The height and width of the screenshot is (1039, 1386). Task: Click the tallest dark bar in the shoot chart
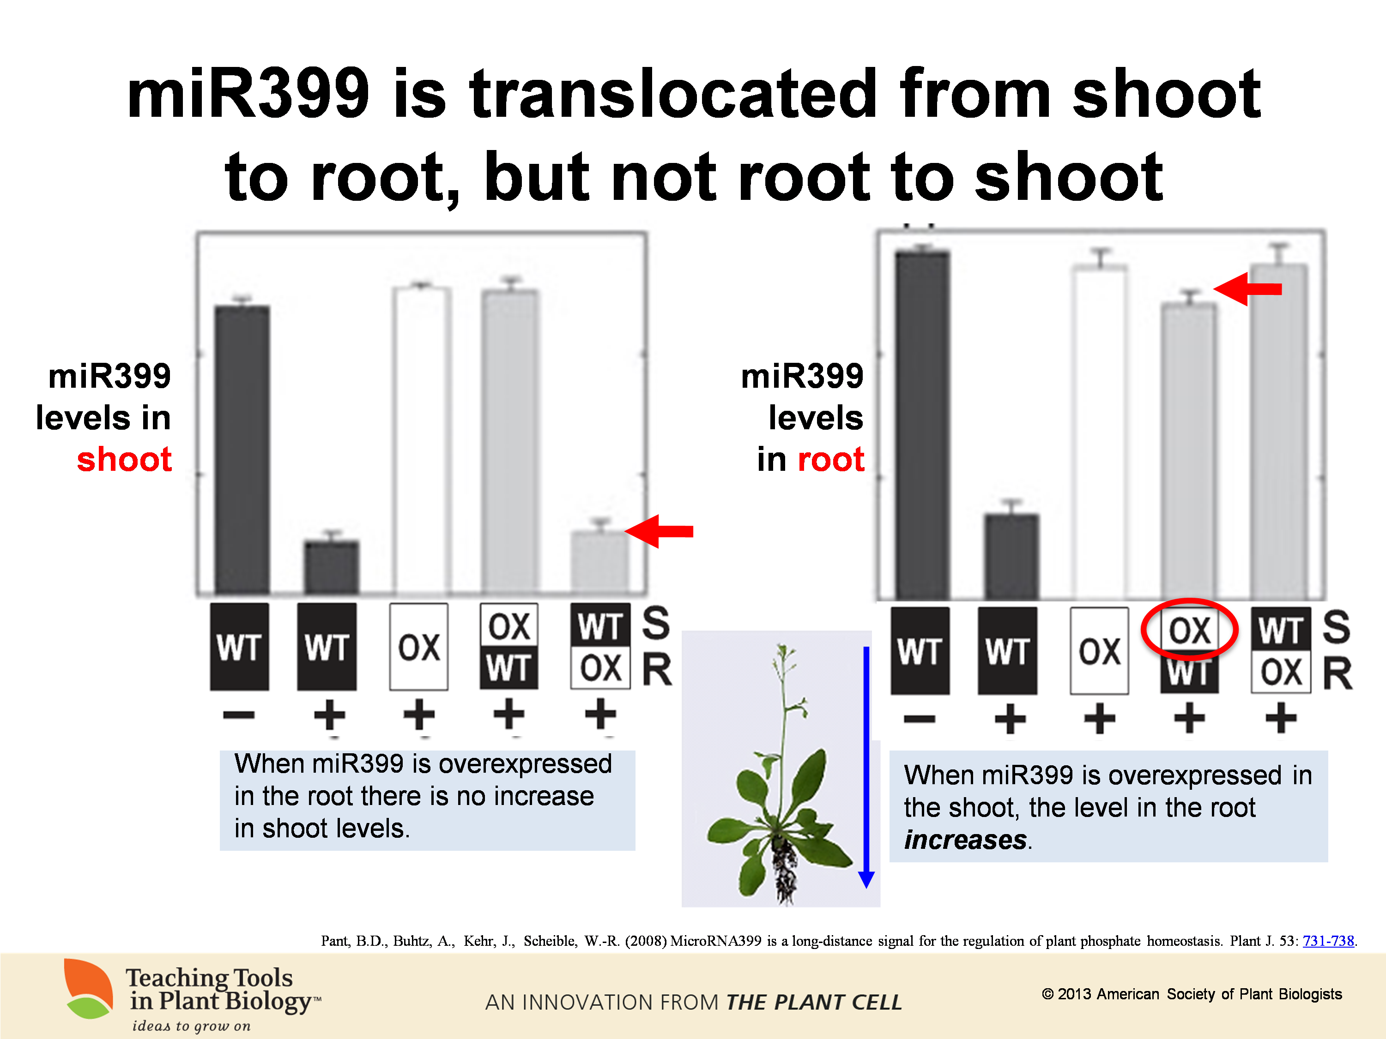[x=242, y=449]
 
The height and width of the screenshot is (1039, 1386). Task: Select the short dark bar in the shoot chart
[x=332, y=567]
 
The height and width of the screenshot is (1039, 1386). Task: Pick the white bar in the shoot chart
[x=422, y=440]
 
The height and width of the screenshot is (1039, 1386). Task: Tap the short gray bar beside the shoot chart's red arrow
[x=600, y=562]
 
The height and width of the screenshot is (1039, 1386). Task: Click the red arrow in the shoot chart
[x=659, y=531]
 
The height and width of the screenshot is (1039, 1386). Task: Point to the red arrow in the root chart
[x=1247, y=289]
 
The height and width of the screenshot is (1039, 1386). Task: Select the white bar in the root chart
[x=1100, y=432]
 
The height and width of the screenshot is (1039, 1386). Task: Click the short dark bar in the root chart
[x=1011, y=556]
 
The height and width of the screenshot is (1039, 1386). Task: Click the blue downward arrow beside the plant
[x=866, y=767]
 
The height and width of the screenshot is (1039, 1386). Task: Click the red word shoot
[x=124, y=459]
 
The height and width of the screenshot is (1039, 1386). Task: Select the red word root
[x=831, y=459]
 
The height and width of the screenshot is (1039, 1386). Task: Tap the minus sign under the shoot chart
[x=239, y=715]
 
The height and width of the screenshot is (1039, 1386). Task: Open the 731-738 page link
[x=1328, y=941]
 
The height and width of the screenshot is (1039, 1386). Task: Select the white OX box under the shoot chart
[x=418, y=647]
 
